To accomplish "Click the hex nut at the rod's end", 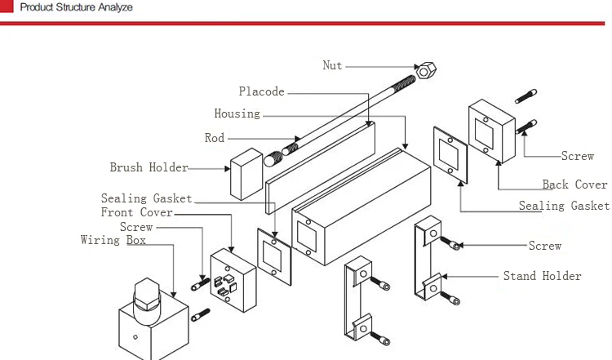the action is (426, 71).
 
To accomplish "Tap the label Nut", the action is (332, 65).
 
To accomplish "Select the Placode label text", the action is (261, 91).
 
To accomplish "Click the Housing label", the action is (237, 113).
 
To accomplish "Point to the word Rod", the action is (215, 138).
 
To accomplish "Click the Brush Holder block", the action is (246, 174).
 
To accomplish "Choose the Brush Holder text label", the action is (149, 167).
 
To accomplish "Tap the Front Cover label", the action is (136, 212).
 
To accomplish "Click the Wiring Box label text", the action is (113, 240).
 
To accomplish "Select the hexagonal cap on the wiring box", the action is (147, 294).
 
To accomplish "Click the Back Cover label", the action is (574, 184).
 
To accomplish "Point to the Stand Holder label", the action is (542, 276).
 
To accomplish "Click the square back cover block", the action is (492, 131).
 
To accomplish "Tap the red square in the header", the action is (7, 7).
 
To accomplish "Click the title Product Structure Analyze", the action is (76, 7).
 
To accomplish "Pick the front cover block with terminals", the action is (233, 280).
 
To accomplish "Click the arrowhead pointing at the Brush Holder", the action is (227, 169).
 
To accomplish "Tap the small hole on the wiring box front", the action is (135, 337).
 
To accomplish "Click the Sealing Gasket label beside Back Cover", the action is (564, 206).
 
